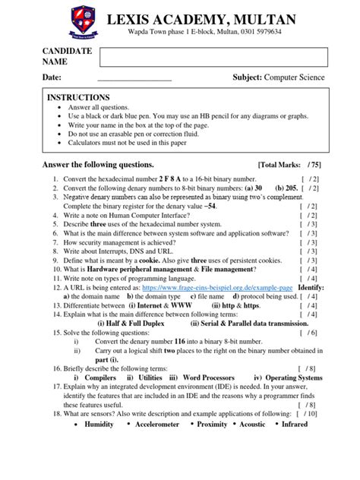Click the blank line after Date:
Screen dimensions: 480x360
134,77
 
